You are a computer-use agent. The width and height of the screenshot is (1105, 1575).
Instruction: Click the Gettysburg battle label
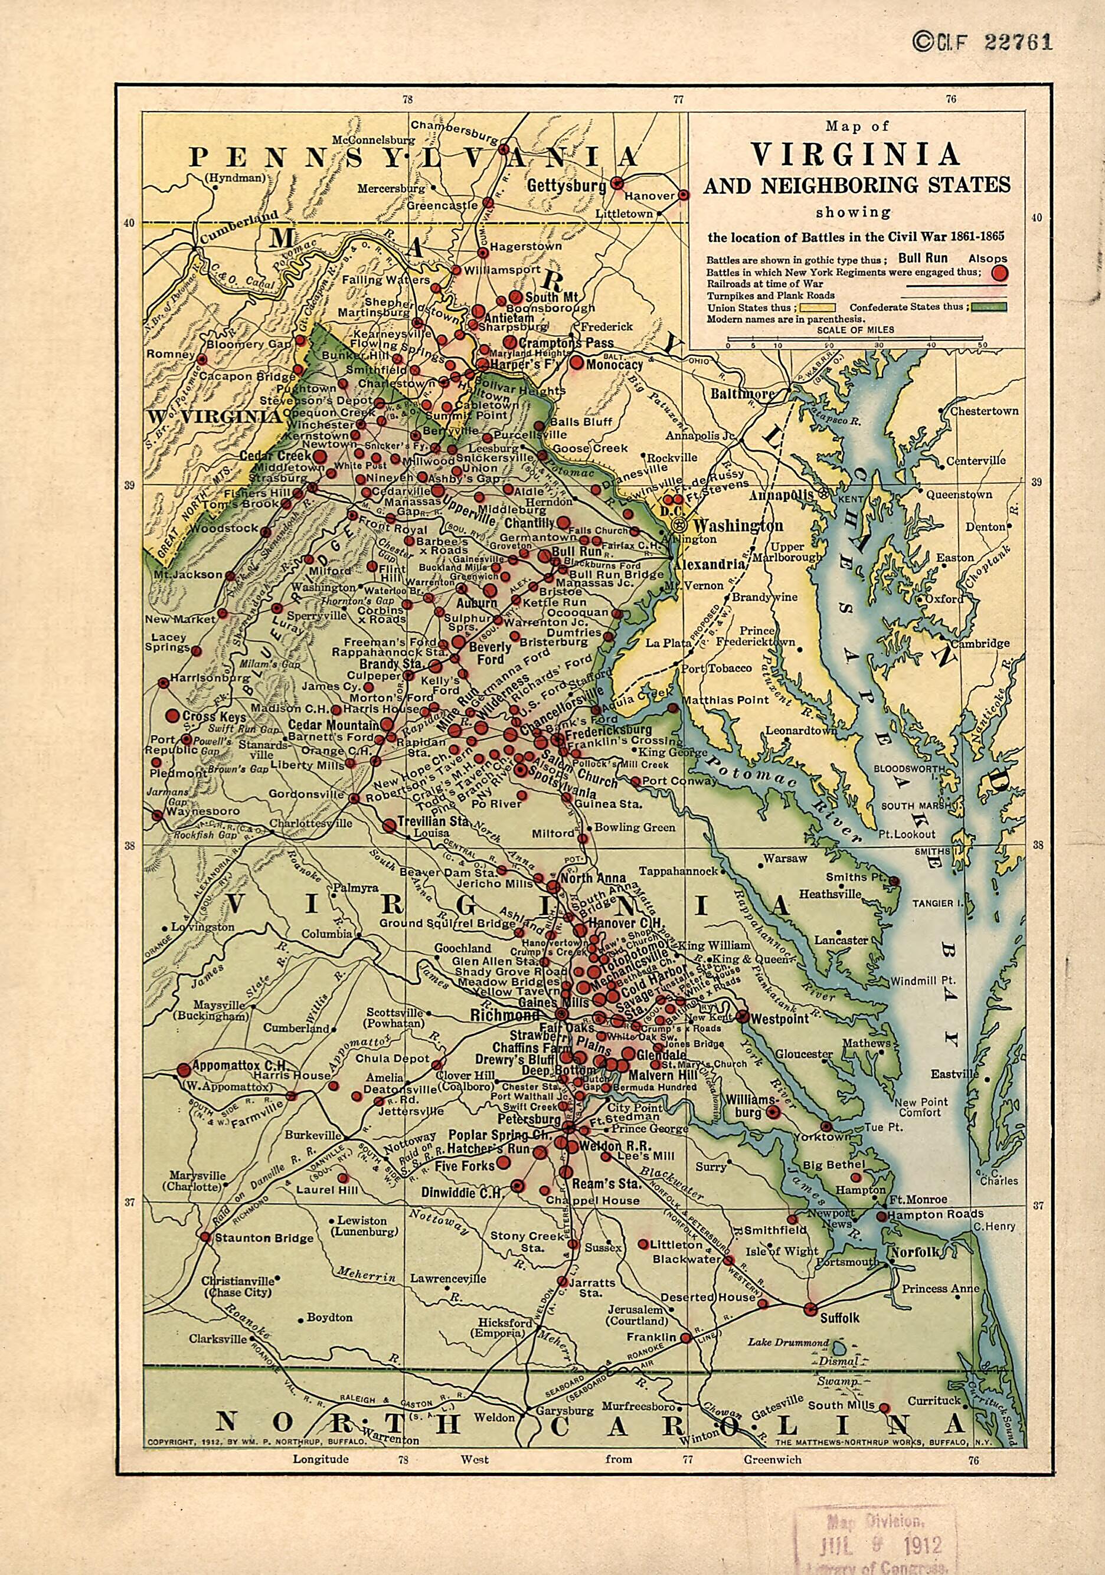coord(567,186)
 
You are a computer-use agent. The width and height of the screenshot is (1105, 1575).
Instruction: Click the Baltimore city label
coord(742,394)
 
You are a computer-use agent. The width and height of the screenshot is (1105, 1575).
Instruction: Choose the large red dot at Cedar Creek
coord(320,456)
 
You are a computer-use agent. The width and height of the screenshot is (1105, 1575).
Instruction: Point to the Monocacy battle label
coord(613,365)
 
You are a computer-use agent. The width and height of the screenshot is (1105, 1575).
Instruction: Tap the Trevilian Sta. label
coord(435,820)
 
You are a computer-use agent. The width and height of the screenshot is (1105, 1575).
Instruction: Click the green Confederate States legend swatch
coord(988,307)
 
